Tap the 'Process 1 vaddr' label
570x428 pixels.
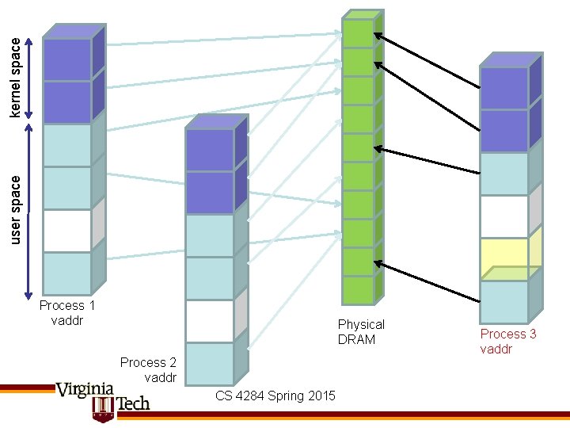tap(67, 312)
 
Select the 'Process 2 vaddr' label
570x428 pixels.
tap(148, 369)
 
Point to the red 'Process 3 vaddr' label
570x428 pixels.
tap(508, 341)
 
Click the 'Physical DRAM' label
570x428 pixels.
tap(361, 331)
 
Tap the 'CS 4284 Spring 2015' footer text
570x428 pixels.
tap(275, 396)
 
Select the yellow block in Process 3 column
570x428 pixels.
tap(504, 259)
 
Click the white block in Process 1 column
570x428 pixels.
tap(67, 231)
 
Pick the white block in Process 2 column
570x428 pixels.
tap(210, 321)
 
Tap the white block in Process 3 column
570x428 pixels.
tap(504, 216)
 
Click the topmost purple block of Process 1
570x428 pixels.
tap(67, 59)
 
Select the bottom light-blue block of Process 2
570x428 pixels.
tap(210, 363)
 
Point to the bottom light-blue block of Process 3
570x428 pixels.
tap(504, 301)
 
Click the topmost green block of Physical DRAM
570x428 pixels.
tap(358, 33)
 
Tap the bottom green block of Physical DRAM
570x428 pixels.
tap(358, 289)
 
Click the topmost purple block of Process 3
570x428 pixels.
tap(504, 88)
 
